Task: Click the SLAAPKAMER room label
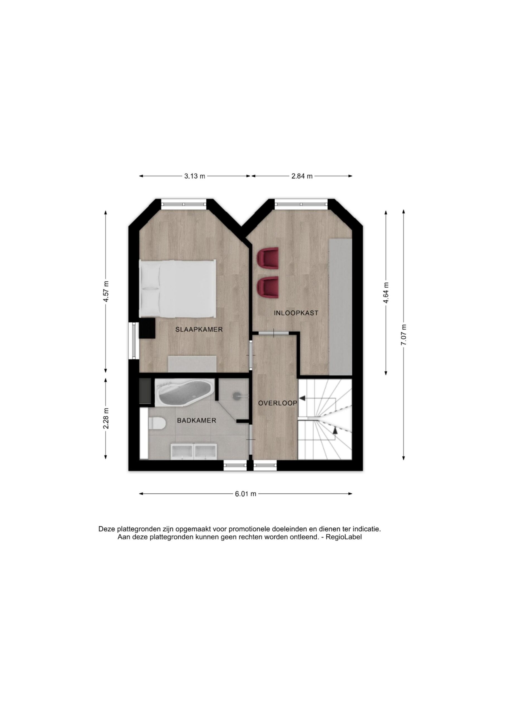point(199,329)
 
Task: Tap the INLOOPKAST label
point(296,313)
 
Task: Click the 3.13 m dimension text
point(195,176)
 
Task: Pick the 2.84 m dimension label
point(302,176)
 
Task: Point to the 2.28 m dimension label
point(106,418)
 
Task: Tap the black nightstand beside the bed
point(147,328)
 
